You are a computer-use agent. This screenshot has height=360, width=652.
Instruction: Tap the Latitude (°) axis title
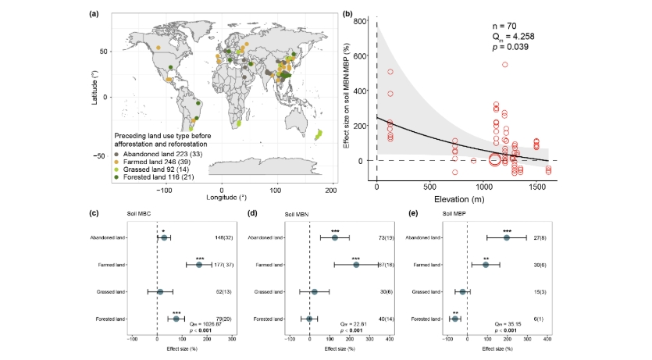(94, 86)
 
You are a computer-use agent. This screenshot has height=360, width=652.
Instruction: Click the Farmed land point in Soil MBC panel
(199, 265)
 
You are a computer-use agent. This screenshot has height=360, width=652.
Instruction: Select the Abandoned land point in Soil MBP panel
(506, 237)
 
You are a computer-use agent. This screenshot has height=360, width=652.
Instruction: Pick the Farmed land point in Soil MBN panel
(356, 265)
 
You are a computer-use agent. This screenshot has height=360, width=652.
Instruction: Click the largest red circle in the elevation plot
(494, 160)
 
